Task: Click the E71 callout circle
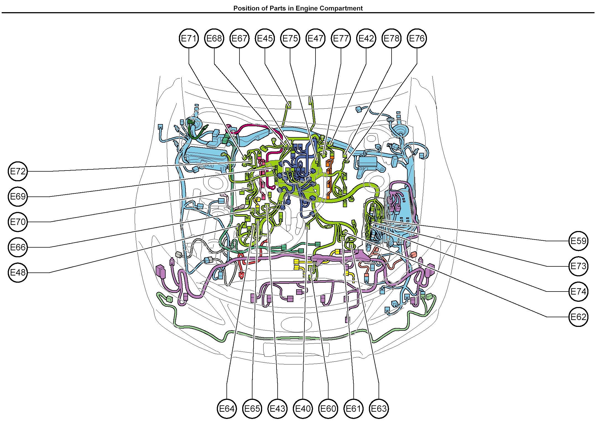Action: coord(189,38)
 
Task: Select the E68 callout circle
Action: coord(214,38)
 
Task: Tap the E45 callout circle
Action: coord(265,38)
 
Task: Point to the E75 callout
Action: coord(290,38)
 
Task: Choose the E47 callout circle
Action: coord(316,38)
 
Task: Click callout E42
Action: coord(366,38)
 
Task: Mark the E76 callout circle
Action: coord(417,38)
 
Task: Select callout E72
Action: coord(18,171)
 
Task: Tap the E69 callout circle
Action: coord(18,196)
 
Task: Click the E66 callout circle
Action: coord(18,247)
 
